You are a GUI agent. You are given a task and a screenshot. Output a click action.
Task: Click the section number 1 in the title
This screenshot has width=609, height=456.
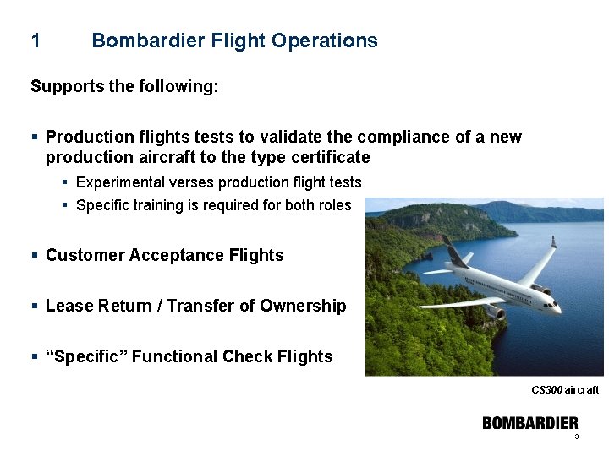35,41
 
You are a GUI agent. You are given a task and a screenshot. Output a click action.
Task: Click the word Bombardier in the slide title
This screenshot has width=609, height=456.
143,41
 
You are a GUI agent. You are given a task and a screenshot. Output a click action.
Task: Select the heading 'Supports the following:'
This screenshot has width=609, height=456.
124,86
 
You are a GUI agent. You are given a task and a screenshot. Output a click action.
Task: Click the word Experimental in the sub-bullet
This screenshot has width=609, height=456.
120,182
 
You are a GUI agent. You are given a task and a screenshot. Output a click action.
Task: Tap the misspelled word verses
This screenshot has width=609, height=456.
191,182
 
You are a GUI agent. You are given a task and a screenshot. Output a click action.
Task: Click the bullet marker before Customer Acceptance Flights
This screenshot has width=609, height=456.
34,255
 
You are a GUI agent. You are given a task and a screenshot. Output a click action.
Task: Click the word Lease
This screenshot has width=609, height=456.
68,306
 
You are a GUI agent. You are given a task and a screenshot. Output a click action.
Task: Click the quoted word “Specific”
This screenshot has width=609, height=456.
86,356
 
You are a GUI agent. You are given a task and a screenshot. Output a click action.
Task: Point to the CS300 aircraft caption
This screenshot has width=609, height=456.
564,390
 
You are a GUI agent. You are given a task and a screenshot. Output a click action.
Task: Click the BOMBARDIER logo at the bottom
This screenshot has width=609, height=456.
530,423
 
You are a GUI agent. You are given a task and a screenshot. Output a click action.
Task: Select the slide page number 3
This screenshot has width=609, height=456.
576,437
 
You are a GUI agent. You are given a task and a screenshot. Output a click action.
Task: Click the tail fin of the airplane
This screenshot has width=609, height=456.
454,251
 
